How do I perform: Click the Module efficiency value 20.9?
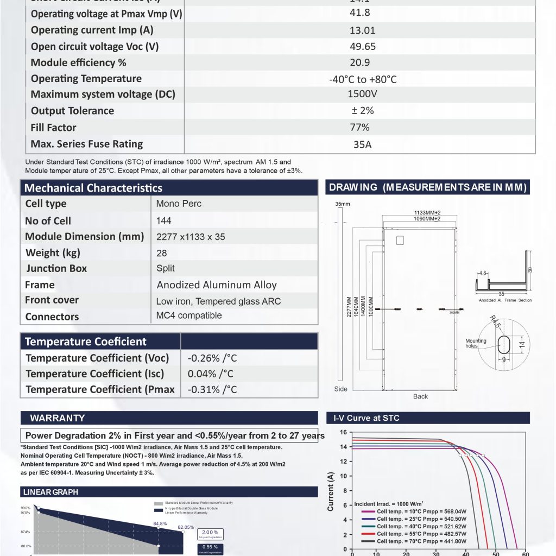coord(363,62)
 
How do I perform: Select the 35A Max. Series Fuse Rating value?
coord(363,144)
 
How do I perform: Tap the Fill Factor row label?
coord(53,128)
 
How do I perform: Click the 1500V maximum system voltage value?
coord(362,94)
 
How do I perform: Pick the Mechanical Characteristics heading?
coord(93,188)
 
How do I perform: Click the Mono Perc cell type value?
coord(179,204)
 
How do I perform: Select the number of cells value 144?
coord(163,220)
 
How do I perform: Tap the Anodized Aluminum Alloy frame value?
coord(217,285)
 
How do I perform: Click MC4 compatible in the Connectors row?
coord(188,315)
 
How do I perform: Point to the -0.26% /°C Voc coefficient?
coord(212,358)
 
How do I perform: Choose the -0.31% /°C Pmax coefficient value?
coord(212,389)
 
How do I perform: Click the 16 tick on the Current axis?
coord(343,433)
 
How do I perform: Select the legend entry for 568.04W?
coord(413,511)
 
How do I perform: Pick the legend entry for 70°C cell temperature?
coord(413,541)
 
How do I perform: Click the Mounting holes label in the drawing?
coord(476,344)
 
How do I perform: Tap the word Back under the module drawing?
coord(420,396)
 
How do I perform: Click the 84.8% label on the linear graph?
coord(160,524)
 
